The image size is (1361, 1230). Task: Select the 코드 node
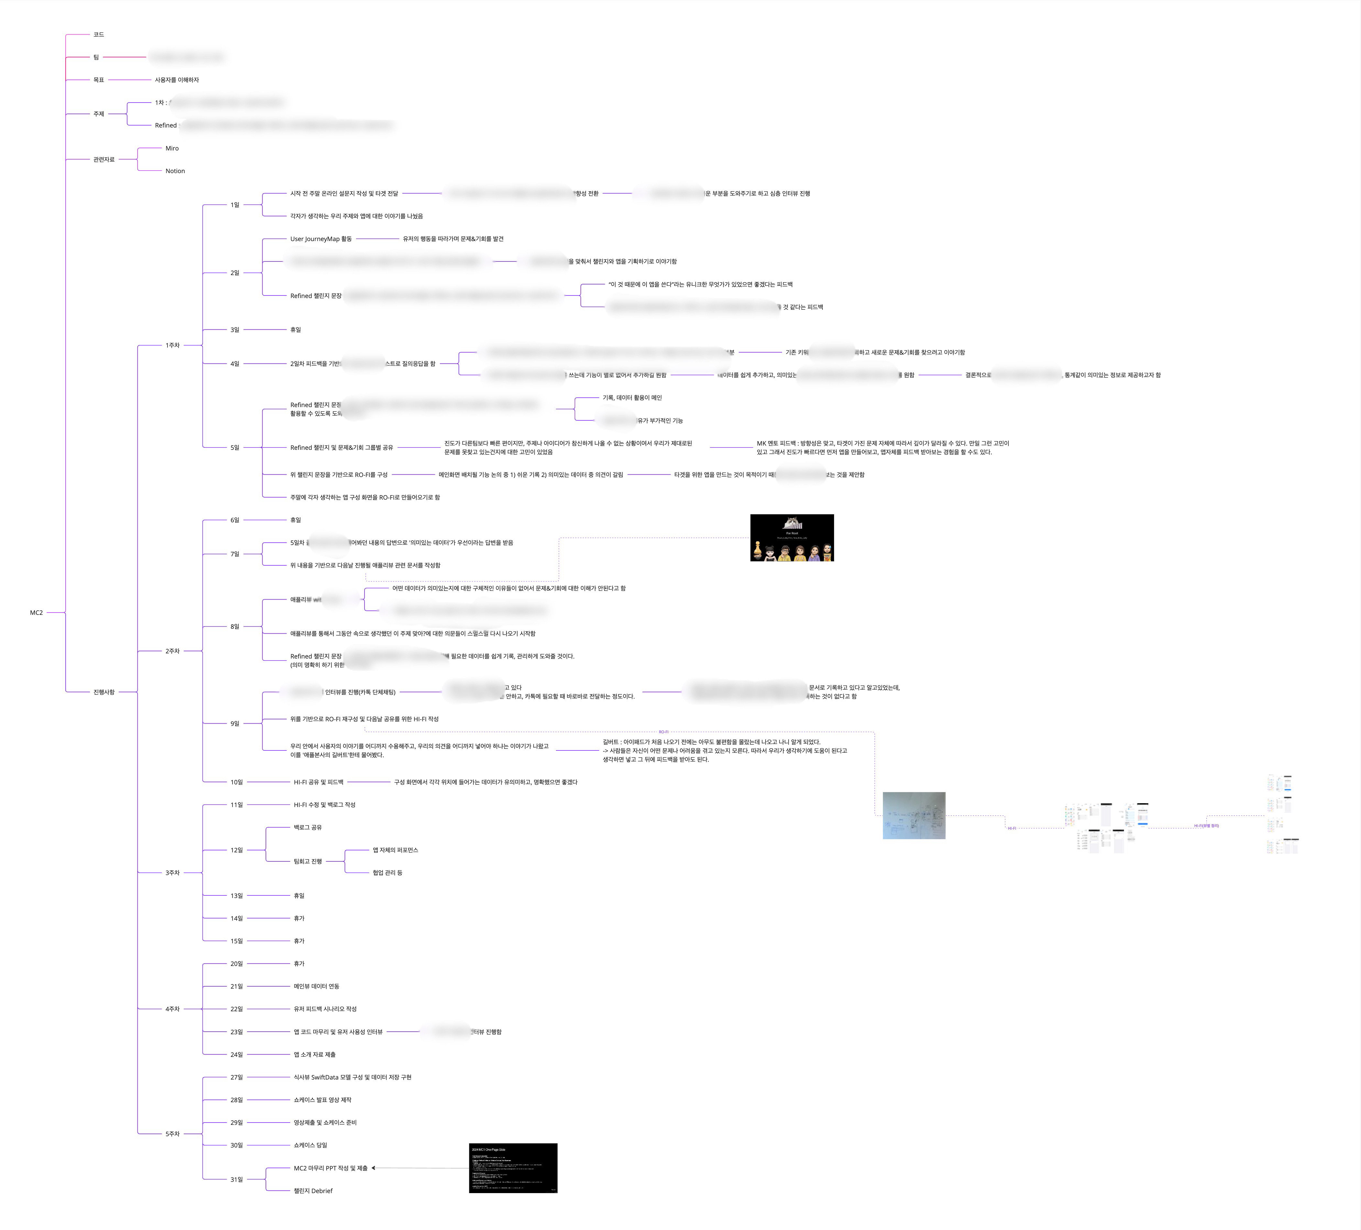point(99,34)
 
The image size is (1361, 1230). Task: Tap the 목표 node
point(99,80)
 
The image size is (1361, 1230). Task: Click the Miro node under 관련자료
point(172,148)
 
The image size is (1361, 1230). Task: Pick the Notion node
point(175,171)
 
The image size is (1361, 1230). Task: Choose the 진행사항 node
point(104,692)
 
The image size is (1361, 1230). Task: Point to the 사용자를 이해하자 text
point(177,80)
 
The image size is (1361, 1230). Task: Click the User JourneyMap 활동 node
point(321,238)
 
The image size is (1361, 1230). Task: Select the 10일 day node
point(236,782)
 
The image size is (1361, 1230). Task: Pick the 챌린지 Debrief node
point(312,1191)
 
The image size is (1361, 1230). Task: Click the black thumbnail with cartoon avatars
point(792,538)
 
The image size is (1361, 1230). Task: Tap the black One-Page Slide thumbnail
point(513,1168)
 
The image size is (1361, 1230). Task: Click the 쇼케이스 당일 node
point(310,1145)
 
